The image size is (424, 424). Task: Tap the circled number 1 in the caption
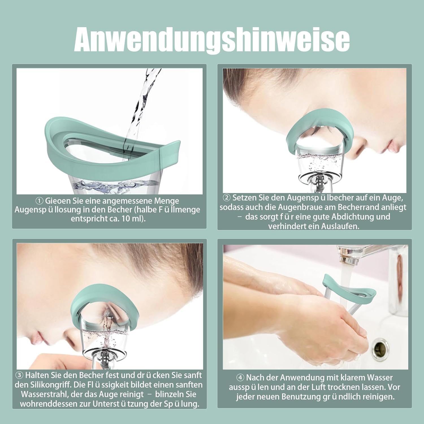(x=39, y=201)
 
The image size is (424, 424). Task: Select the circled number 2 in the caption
(x=227, y=198)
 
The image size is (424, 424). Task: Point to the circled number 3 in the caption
(x=19, y=375)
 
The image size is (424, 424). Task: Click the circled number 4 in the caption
(x=240, y=378)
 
